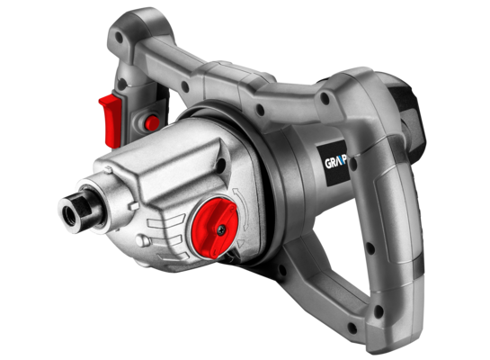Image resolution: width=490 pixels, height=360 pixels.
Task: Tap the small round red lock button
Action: [x=152, y=121]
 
